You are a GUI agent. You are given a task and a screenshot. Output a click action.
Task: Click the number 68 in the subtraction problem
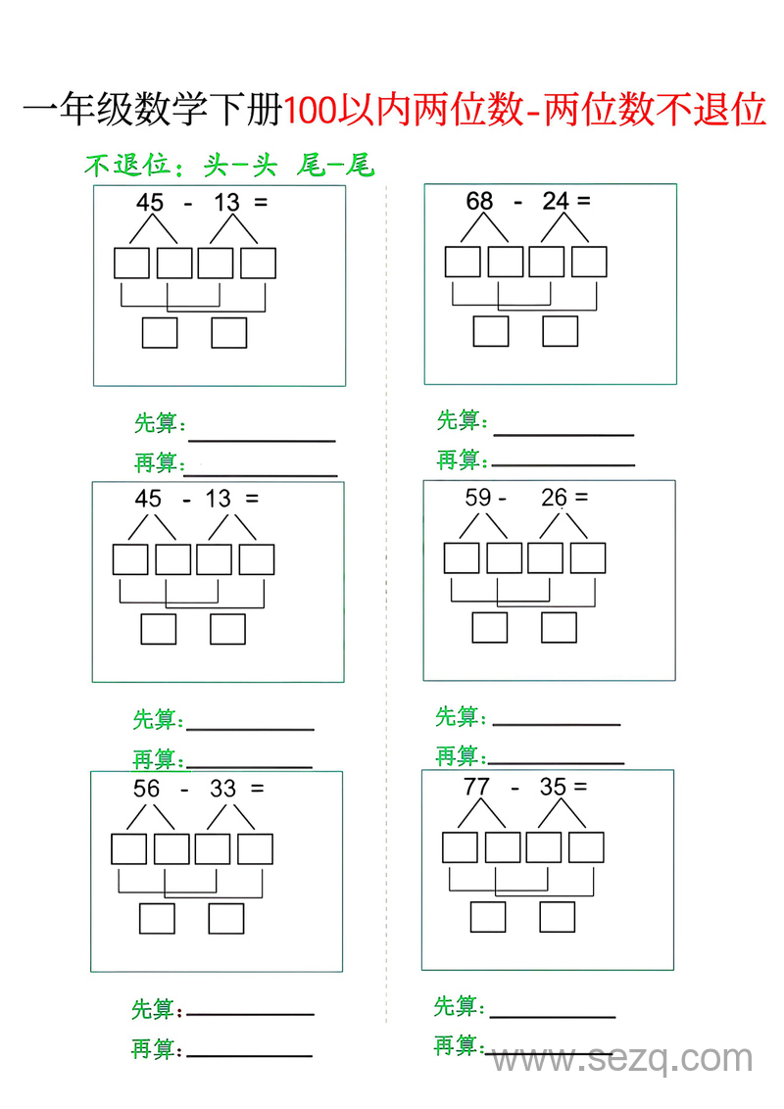click(x=479, y=201)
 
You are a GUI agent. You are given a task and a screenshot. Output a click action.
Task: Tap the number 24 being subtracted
click(x=556, y=201)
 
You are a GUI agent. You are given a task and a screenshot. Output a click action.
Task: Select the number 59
click(x=477, y=498)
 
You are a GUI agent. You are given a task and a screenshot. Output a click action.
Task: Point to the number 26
click(x=554, y=498)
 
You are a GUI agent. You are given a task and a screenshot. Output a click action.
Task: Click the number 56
click(x=146, y=788)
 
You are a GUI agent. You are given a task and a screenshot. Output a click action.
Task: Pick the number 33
click(x=222, y=788)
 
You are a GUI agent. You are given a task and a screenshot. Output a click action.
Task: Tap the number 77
click(x=476, y=787)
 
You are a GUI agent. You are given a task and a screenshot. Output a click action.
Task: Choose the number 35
click(x=553, y=787)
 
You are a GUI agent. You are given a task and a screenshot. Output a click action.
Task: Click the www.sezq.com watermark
click(x=622, y=1059)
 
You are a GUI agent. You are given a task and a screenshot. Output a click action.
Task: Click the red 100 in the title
click(x=311, y=110)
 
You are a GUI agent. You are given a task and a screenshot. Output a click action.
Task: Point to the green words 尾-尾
click(x=335, y=165)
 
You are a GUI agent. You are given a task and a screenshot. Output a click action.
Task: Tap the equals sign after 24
click(x=584, y=201)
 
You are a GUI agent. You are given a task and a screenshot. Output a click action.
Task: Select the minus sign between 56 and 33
click(x=184, y=790)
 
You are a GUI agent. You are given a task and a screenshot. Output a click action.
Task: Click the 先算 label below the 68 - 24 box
click(x=462, y=420)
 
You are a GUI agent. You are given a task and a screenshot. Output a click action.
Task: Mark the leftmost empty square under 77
click(x=460, y=847)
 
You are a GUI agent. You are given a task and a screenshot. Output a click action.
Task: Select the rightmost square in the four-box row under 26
click(x=588, y=558)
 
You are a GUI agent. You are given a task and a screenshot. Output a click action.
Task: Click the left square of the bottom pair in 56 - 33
click(x=157, y=919)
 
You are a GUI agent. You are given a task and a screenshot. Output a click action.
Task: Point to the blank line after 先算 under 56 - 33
click(x=251, y=1014)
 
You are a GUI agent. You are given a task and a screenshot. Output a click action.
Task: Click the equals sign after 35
click(x=581, y=786)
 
